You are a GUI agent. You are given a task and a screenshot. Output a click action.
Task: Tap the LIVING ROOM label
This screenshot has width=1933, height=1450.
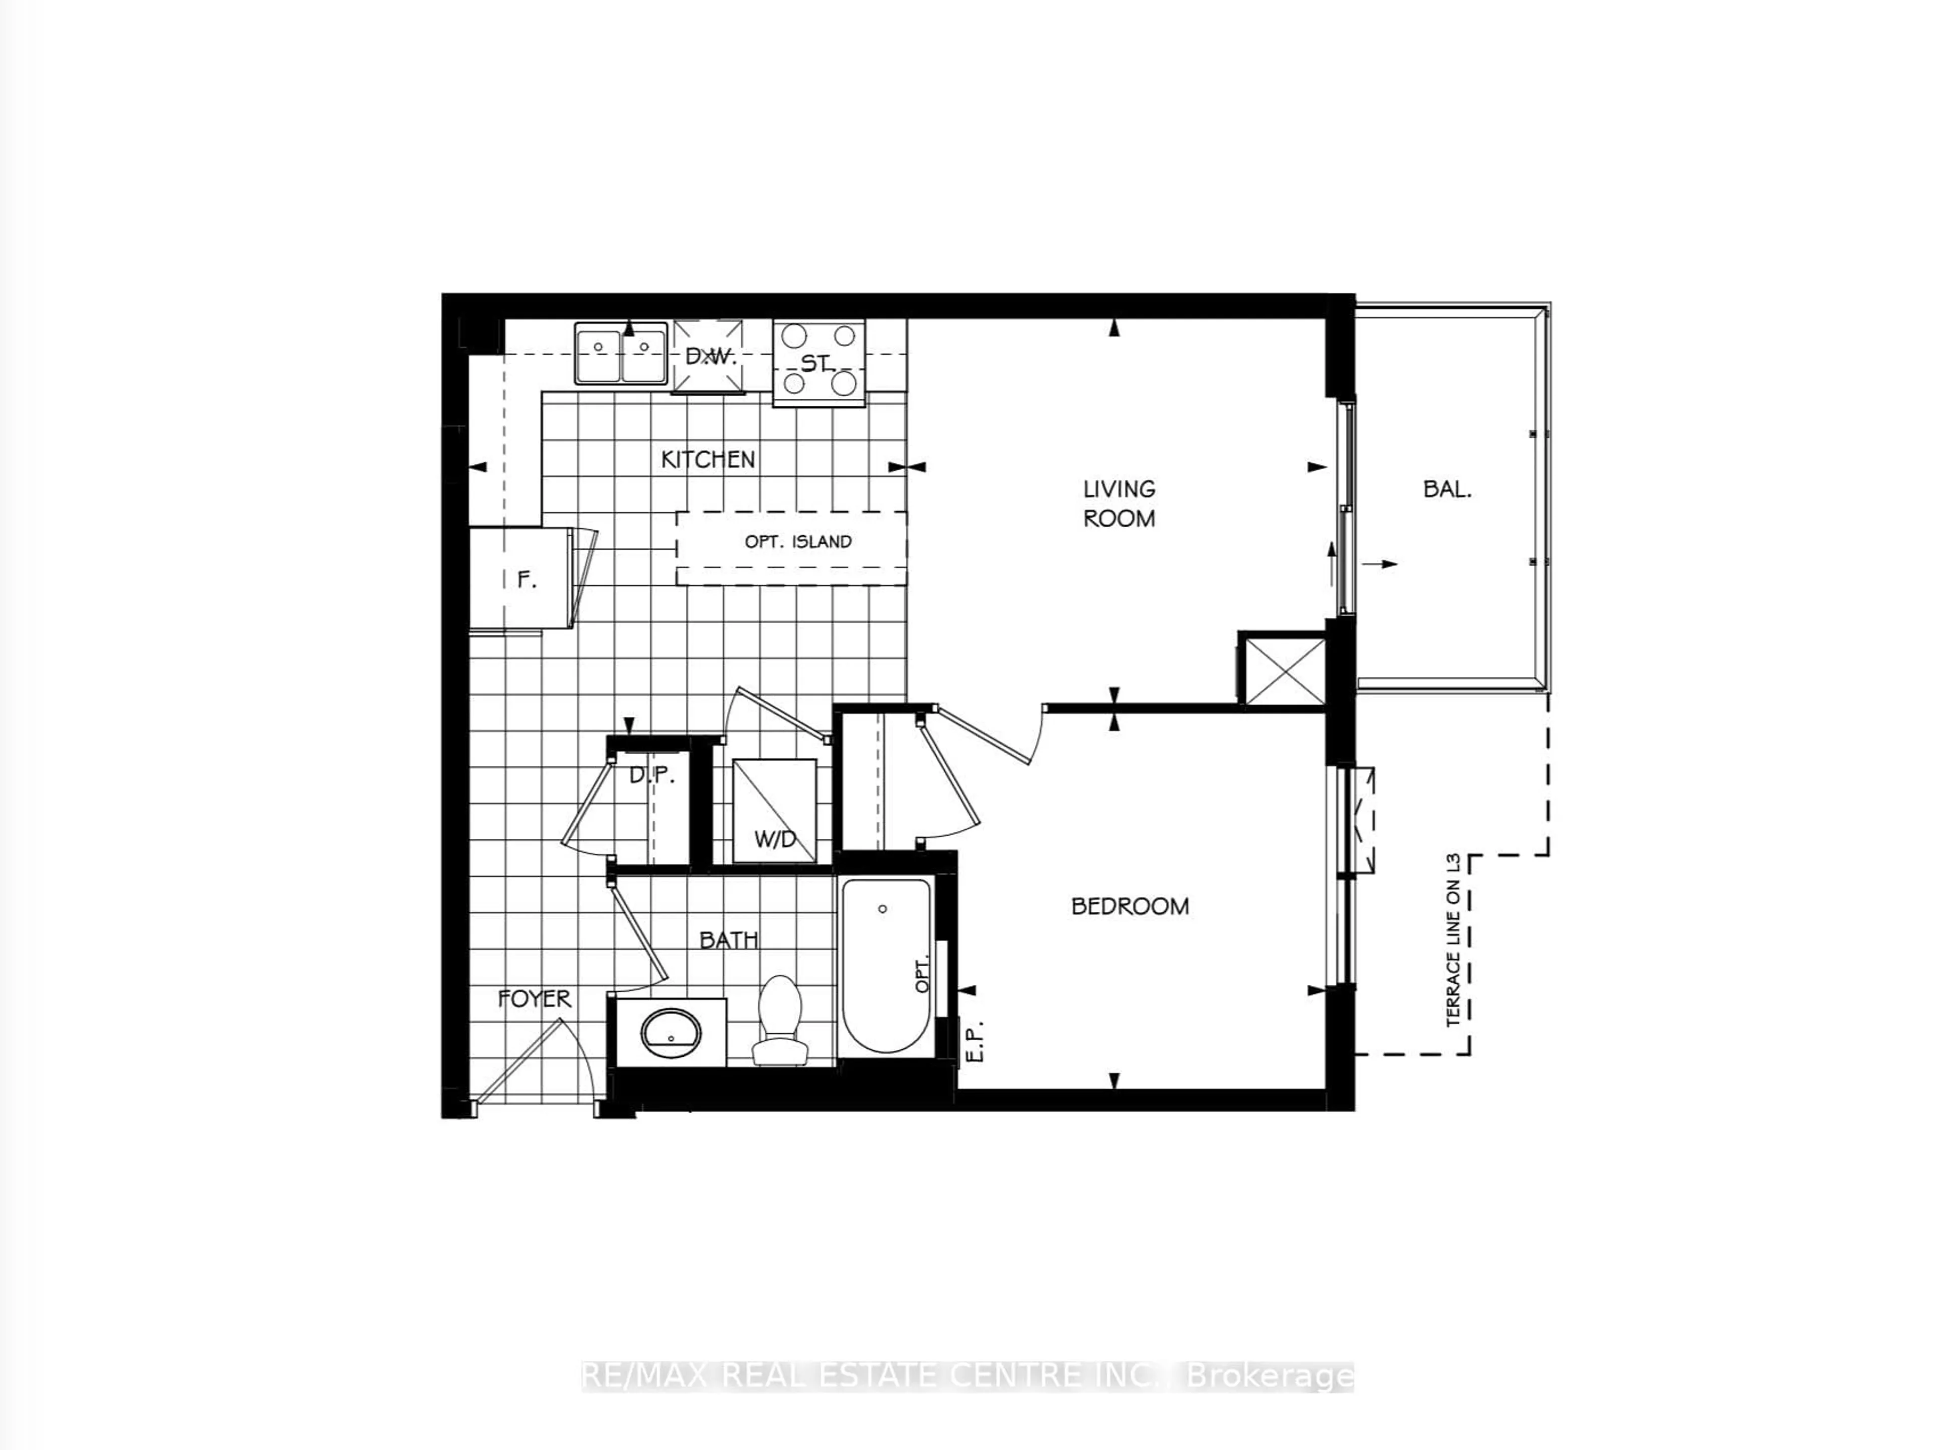1119,503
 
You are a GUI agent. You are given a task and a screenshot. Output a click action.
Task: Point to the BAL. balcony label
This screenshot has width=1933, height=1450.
1447,489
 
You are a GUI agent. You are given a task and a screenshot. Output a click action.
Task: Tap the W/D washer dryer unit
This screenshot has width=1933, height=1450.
774,812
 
